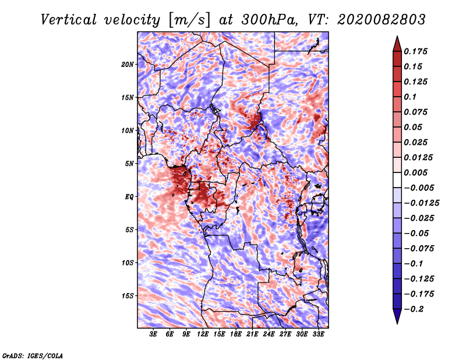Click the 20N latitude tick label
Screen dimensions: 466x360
tap(128, 65)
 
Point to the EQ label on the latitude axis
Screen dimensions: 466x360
tap(129, 197)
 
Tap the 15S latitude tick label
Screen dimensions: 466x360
tap(128, 296)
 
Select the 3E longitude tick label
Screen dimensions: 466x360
tap(153, 334)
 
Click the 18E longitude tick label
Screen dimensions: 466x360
tap(236, 334)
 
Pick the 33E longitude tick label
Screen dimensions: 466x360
tap(318, 334)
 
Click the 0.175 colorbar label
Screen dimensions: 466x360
tap(415, 51)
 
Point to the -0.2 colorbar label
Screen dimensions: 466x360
tap(414, 309)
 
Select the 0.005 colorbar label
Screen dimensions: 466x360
tap(415, 172)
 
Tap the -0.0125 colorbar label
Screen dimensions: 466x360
tap(421, 203)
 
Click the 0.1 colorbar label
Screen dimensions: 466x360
tap(410, 97)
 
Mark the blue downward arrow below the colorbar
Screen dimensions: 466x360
tap(397, 316)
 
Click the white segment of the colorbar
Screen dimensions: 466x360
tap(397, 180)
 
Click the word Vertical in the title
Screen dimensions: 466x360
tap(69, 20)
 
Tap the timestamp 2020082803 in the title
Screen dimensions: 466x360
tap(382, 20)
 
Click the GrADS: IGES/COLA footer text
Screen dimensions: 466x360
tap(33, 356)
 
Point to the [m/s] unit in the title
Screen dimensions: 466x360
tap(189, 20)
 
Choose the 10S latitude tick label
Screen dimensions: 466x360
tap(128, 263)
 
